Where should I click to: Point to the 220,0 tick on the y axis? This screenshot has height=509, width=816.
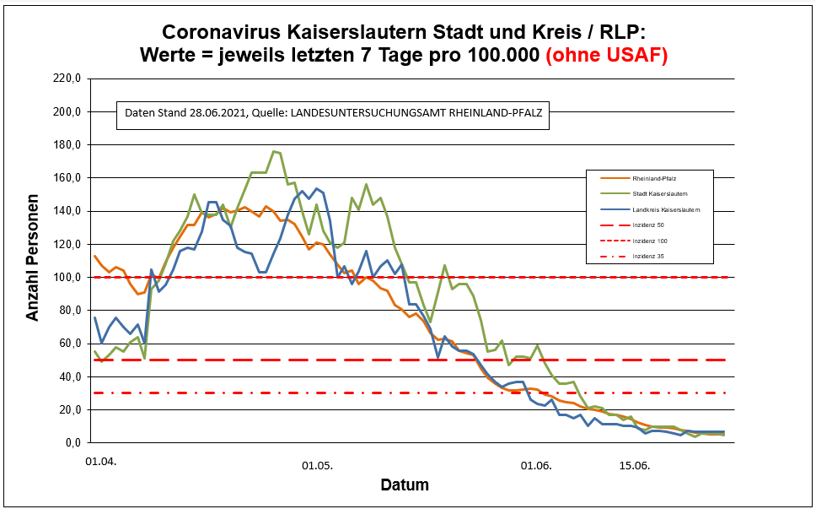66,79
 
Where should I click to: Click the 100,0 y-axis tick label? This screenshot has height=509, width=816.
66,277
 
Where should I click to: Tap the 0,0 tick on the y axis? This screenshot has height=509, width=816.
71,442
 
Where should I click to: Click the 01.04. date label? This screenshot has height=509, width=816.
100,462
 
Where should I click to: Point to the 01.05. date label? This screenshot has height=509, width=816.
318,465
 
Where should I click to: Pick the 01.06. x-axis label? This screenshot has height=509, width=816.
536,465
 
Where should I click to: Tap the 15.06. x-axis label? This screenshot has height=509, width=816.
635,465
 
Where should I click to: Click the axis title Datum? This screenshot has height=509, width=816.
405,485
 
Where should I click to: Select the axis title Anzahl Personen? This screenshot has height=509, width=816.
34,260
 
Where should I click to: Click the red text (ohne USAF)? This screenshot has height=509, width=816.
606,57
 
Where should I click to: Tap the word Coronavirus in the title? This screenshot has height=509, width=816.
220,32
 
